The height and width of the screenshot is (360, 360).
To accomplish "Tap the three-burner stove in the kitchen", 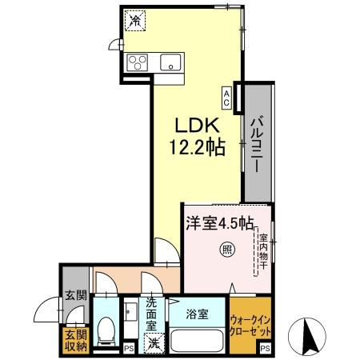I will [137, 62].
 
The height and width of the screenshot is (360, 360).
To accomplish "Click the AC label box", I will [227, 97].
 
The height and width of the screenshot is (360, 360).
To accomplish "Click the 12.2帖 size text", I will [195, 146].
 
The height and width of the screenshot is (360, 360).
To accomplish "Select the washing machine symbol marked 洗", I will [152, 343].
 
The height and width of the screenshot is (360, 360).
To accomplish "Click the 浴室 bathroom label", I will [197, 314].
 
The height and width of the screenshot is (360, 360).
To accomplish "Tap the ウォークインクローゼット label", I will [250, 323].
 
